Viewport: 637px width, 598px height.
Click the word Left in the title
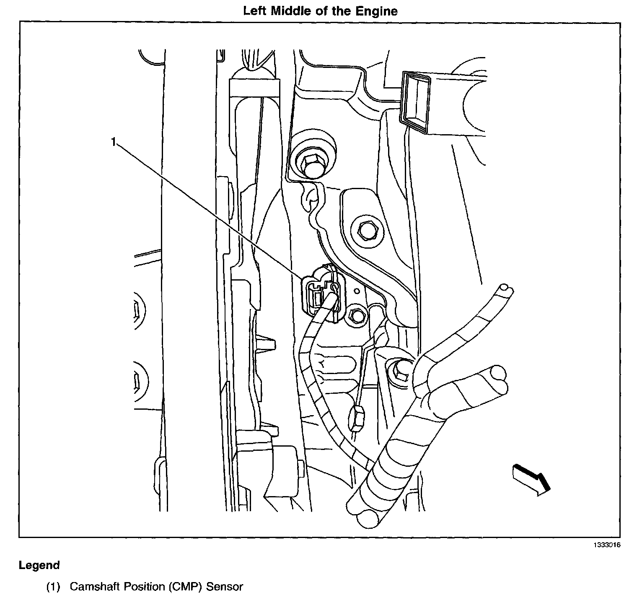pos(255,11)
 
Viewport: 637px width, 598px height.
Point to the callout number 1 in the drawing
pos(113,142)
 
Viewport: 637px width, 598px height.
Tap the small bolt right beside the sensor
pos(357,316)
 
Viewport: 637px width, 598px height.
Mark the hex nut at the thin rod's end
pos(357,419)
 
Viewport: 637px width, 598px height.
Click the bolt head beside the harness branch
pos(399,370)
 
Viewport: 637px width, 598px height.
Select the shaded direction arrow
pos(531,480)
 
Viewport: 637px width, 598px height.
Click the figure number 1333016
pos(606,545)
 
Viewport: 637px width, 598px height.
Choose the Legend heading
pos(39,565)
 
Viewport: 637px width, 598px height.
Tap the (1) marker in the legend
pos(53,586)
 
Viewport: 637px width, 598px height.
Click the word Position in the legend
pos(140,586)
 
